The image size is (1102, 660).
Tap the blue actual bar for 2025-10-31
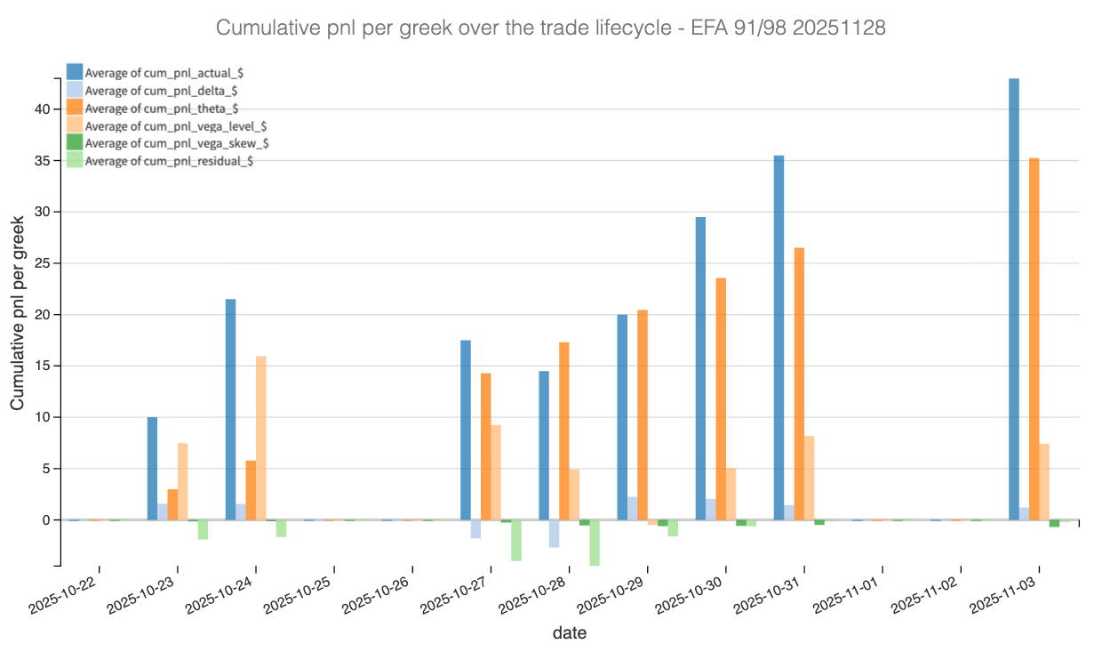coord(779,338)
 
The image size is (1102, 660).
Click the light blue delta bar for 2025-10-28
coord(554,534)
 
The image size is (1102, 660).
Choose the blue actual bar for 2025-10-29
coord(622,417)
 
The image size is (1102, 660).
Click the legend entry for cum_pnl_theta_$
coord(161,109)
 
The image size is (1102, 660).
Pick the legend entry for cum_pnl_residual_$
coord(169,161)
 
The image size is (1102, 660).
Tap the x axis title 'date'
coord(569,633)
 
